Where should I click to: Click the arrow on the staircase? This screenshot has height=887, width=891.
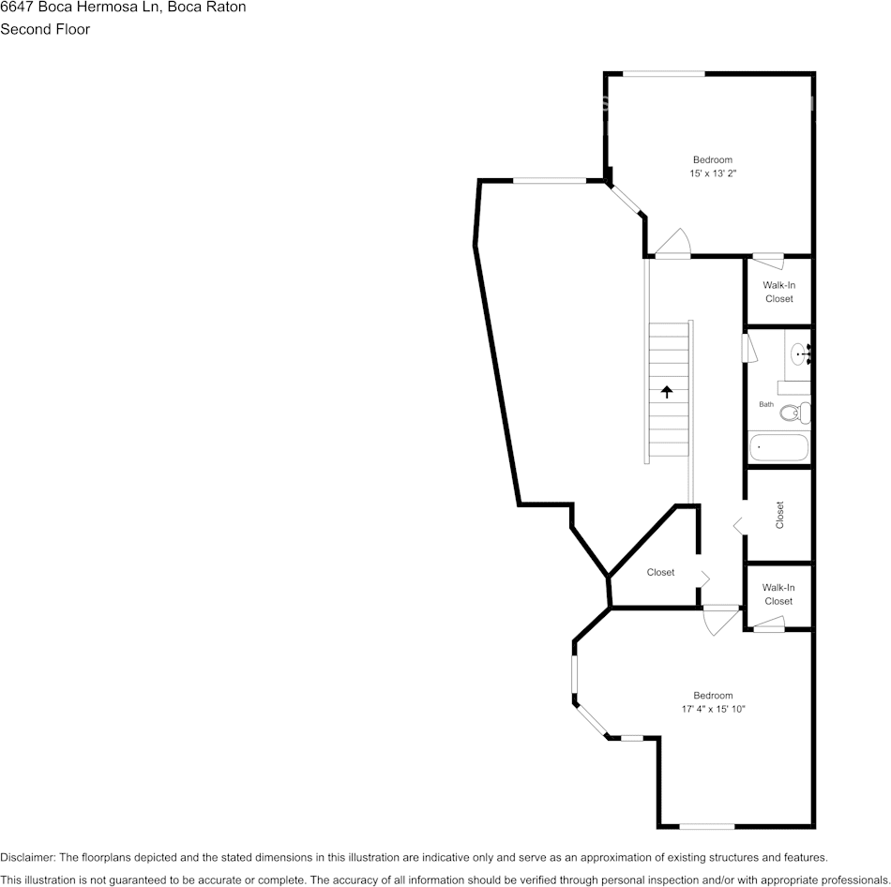(x=667, y=391)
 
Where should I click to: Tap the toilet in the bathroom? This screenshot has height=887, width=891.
(x=796, y=411)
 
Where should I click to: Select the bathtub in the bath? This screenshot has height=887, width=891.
(x=778, y=448)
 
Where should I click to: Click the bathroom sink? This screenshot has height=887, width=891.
(x=800, y=353)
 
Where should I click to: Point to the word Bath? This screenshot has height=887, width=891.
(x=766, y=404)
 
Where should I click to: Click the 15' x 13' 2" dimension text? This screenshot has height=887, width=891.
(x=712, y=173)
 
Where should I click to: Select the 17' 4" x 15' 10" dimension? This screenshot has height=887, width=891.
(x=713, y=709)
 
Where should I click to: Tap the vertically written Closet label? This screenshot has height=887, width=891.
(x=779, y=515)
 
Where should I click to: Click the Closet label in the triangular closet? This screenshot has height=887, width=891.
(x=660, y=572)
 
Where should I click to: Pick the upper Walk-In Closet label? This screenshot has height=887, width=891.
(x=778, y=292)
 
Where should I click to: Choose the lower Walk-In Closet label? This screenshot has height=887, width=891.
(x=778, y=594)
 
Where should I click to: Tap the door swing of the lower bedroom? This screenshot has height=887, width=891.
(x=721, y=620)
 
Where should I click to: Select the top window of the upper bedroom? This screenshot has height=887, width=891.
(x=664, y=74)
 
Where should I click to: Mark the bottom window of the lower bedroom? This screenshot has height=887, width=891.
(x=706, y=826)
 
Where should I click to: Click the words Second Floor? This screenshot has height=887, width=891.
(x=45, y=29)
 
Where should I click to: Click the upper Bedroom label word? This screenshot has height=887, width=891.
(x=712, y=159)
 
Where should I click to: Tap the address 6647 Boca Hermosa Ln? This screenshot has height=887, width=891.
(x=80, y=8)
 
